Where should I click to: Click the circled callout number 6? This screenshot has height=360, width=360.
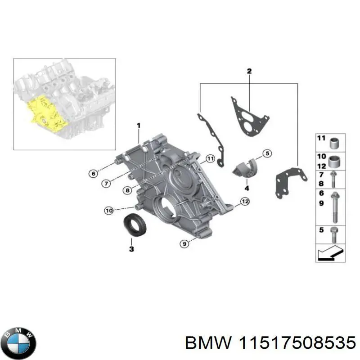click(x=93, y=173)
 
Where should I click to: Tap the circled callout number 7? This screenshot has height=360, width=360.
click(x=105, y=183)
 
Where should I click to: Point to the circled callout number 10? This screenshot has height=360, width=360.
click(x=108, y=210)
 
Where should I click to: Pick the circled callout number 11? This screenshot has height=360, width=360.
click(x=209, y=158)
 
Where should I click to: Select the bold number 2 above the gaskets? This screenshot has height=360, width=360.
click(x=249, y=71)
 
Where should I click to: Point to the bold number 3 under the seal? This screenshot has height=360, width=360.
click(x=131, y=249)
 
